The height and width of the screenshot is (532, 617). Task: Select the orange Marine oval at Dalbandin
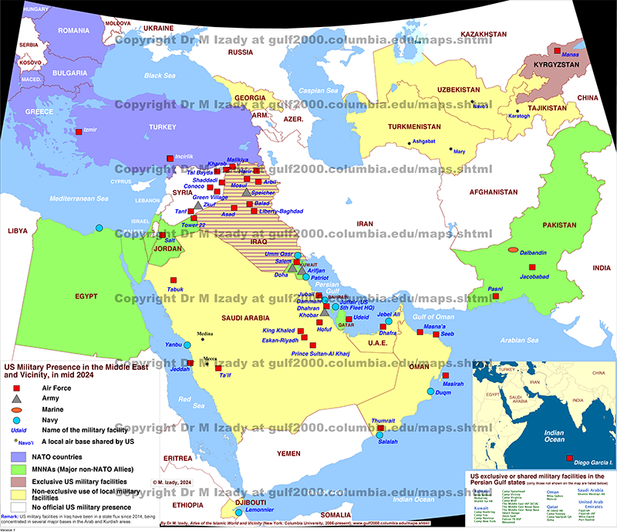513,250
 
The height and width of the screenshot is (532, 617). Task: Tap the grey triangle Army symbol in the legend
15,396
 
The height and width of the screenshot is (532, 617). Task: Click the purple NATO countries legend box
15,457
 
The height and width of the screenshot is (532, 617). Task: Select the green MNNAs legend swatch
15,469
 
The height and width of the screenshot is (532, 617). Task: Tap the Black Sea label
160,76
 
